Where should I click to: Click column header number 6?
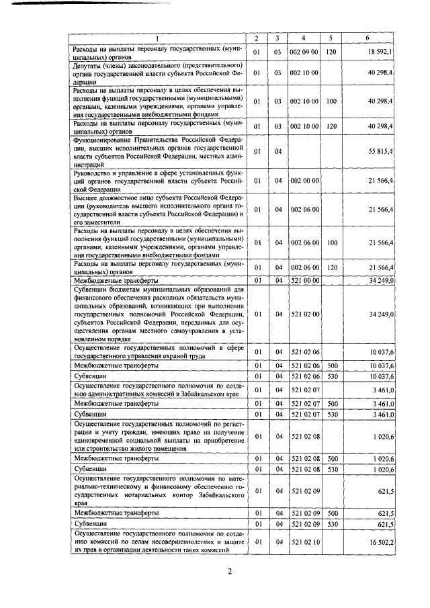pyautogui.click(x=368, y=37)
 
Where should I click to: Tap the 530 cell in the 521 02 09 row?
pyautogui.click(x=331, y=523)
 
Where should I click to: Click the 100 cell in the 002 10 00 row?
pyautogui.click(x=331, y=101)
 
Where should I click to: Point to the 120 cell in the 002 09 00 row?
pyautogui.click(x=331, y=52)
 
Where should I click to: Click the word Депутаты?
pyautogui.click(x=89, y=64)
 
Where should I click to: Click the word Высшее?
pyautogui.click(x=87, y=198)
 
